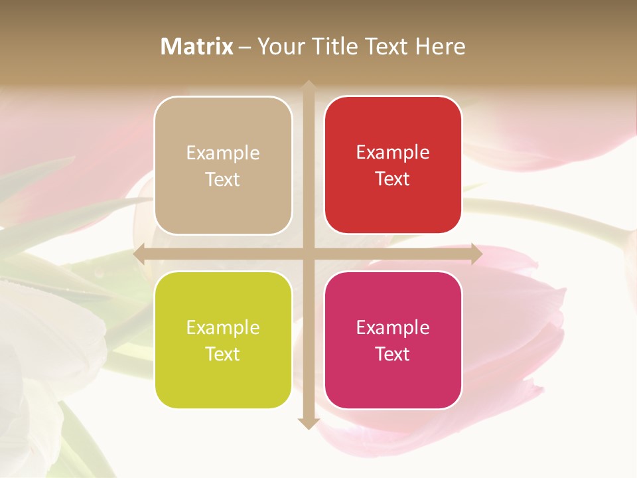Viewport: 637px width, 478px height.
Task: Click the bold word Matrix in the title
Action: [x=197, y=46]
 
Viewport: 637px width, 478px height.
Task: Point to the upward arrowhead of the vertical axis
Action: [x=309, y=86]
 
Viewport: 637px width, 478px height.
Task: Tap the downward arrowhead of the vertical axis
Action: [x=309, y=423]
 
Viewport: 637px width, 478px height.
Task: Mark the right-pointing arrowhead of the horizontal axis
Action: [x=476, y=254]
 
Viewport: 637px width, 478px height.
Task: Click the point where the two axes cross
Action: [x=309, y=254]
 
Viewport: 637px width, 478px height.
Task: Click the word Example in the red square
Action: [x=393, y=153]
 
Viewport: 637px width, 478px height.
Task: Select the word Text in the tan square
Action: [x=222, y=179]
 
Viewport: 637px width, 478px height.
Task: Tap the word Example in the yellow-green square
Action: [x=223, y=327]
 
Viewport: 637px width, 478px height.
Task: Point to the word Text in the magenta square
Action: [x=393, y=354]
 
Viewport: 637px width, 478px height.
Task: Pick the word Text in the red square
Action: [x=393, y=179]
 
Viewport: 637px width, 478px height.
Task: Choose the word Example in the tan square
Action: [x=223, y=153]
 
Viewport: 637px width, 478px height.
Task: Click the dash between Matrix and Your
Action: [x=245, y=47]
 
